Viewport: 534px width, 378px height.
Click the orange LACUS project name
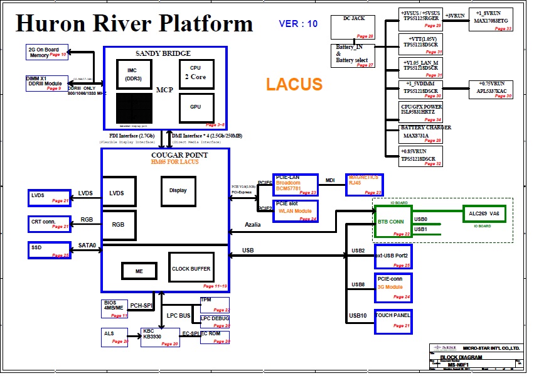[294, 84]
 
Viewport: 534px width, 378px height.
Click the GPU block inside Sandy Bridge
[195, 107]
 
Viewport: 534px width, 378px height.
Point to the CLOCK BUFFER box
[191, 268]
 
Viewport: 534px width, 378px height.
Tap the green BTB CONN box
[392, 222]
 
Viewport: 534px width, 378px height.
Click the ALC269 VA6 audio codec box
[486, 214]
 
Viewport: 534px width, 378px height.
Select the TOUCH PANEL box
[393, 320]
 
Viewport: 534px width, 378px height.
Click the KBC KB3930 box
[160, 337]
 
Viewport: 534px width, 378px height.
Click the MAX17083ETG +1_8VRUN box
[491, 20]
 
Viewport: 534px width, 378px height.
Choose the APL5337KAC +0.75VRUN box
[491, 89]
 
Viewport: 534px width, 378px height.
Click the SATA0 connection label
[88, 246]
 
